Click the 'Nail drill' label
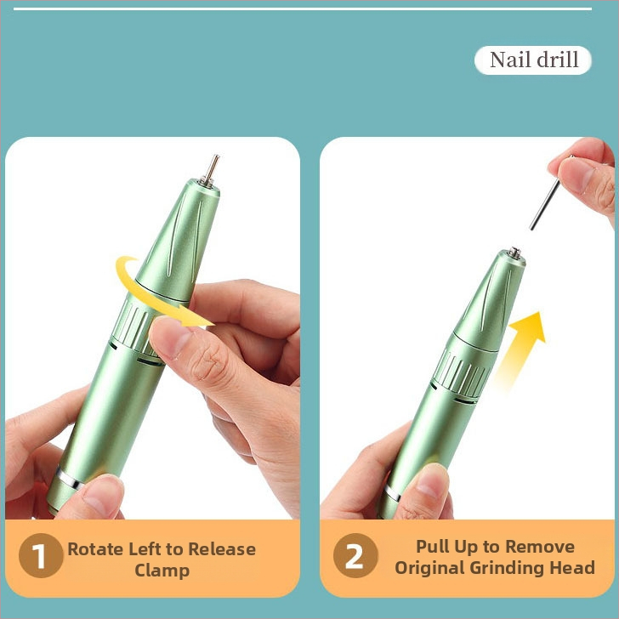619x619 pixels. pyautogui.click(x=533, y=60)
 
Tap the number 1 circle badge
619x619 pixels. pyautogui.click(x=41, y=555)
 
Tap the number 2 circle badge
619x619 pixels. pyautogui.click(x=355, y=555)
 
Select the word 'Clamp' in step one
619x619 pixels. pyautogui.click(x=162, y=571)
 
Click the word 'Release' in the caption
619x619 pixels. pyautogui.click(x=222, y=549)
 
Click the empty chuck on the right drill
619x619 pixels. pyautogui.click(x=514, y=253)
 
